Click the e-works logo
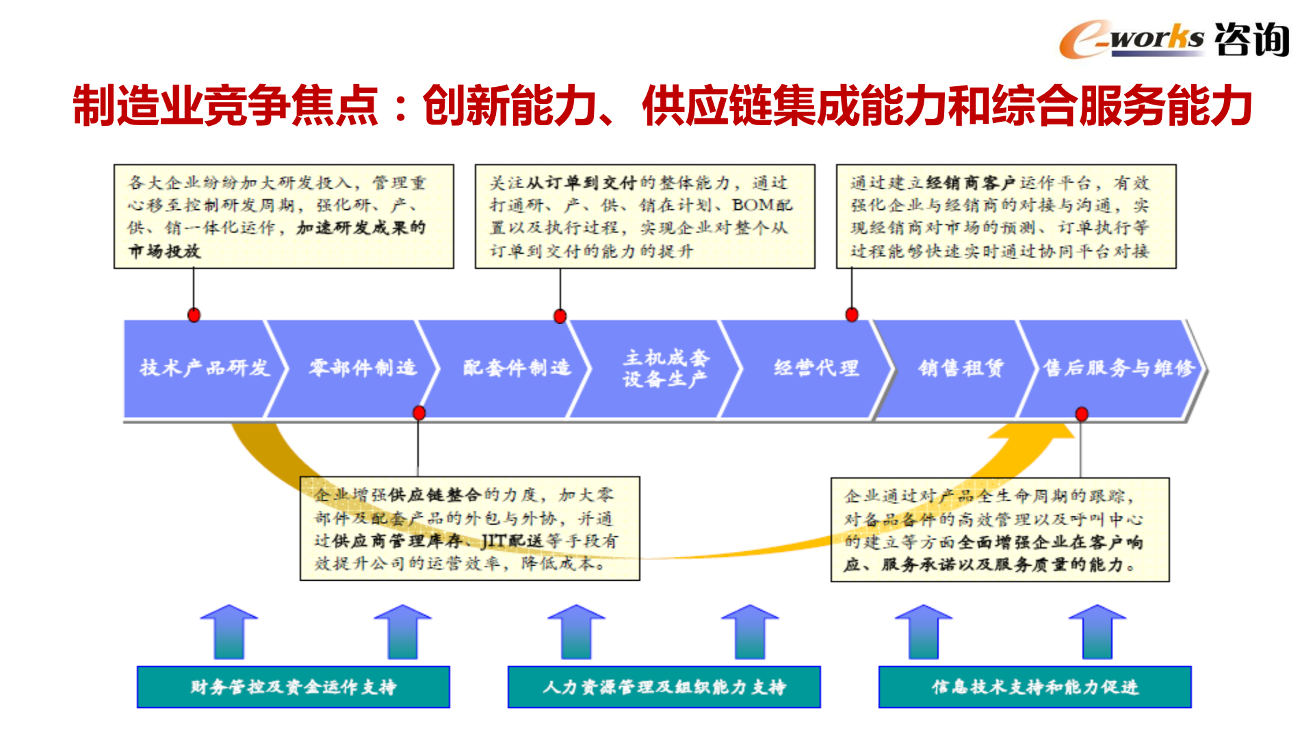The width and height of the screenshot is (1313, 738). (x=1173, y=39)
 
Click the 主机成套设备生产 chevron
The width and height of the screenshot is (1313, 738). (x=664, y=368)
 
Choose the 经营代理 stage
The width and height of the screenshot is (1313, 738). (x=816, y=368)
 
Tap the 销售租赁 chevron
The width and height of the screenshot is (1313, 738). (x=960, y=368)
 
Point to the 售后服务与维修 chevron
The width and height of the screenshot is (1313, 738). (x=1117, y=368)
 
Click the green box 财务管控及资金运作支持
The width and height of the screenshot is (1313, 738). (x=293, y=687)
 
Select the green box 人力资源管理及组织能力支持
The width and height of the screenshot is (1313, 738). (x=664, y=687)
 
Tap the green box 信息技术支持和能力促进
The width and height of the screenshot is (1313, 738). (x=1035, y=687)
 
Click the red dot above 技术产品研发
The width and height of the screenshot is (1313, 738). (x=194, y=315)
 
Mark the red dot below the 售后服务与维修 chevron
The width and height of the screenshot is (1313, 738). (x=1081, y=414)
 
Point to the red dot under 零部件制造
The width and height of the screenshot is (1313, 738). (x=419, y=412)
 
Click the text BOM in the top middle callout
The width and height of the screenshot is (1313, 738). (x=753, y=205)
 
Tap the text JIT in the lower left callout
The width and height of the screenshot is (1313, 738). (x=493, y=542)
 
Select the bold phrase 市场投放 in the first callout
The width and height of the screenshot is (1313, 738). (x=164, y=251)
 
